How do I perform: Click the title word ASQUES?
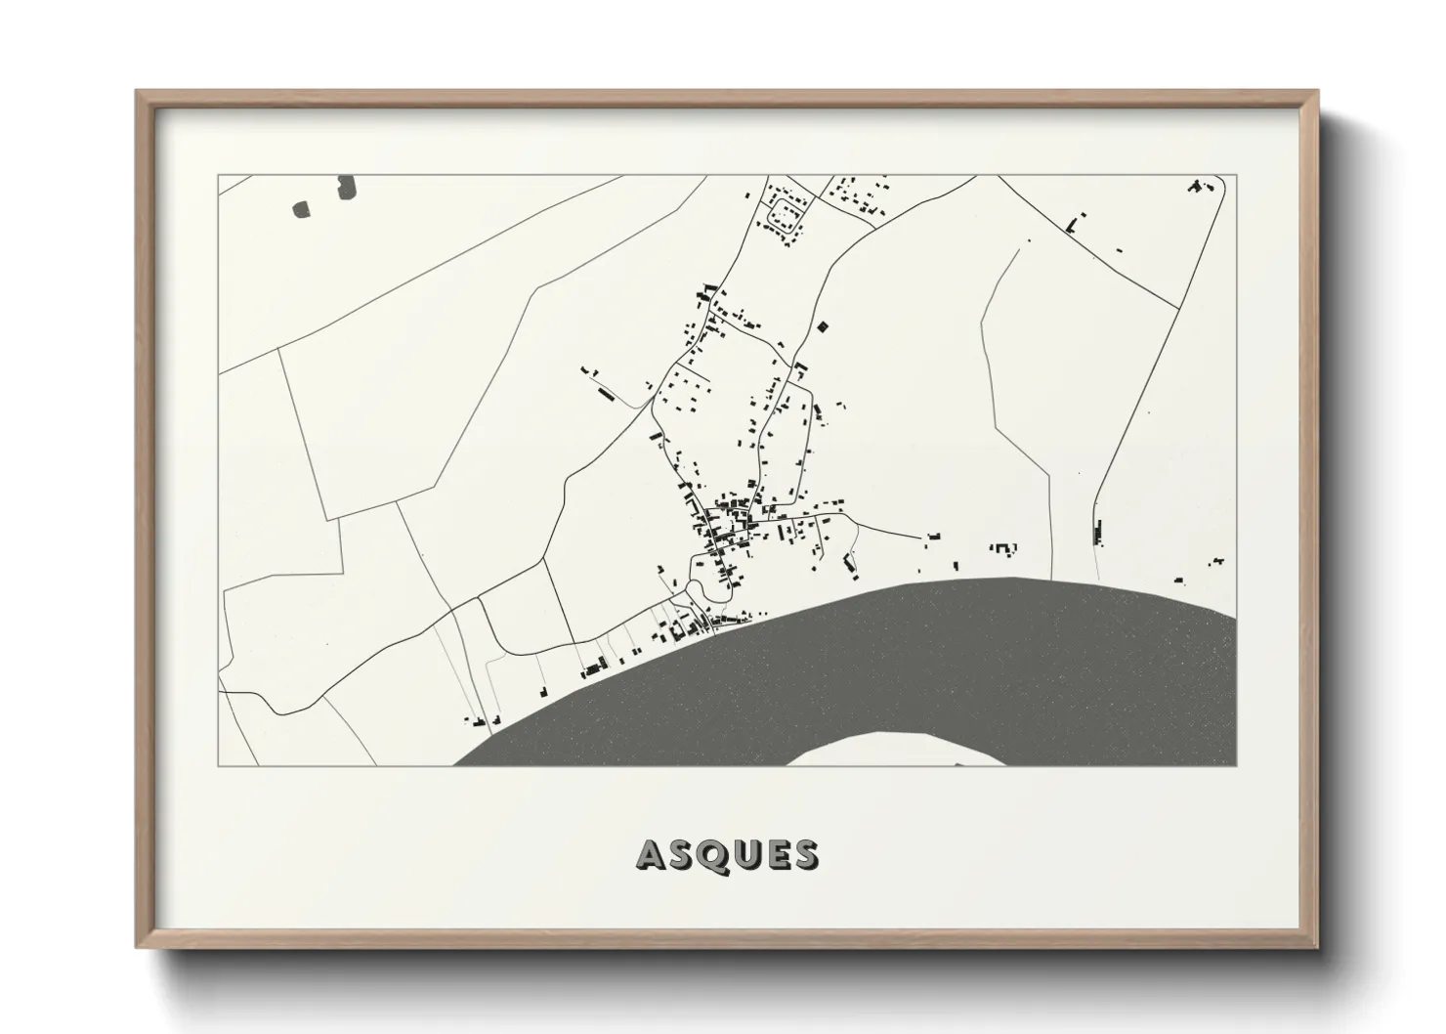[x=727, y=855]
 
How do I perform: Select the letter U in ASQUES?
[x=744, y=855]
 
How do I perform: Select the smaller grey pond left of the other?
[x=301, y=207]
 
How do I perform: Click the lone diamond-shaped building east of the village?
[x=822, y=326]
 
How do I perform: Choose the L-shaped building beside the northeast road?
[x=1074, y=225]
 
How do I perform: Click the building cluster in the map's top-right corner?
[x=1200, y=185]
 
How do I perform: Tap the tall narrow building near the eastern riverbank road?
[x=1096, y=531]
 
